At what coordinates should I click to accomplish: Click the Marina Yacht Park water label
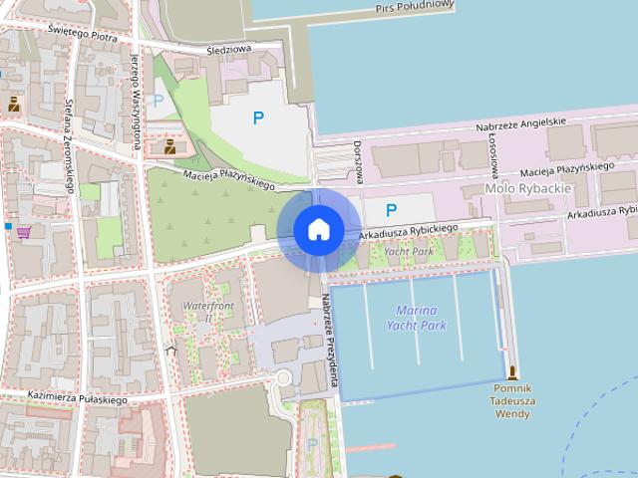pyautogui.click(x=416, y=318)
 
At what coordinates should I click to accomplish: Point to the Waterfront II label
pyautogui.click(x=208, y=311)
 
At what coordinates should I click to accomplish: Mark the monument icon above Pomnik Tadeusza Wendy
pyautogui.click(x=512, y=372)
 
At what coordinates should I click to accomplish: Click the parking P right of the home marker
pyautogui.click(x=391, y=210)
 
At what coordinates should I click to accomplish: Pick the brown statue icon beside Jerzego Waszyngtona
pyautogui.click(x=169, y=147)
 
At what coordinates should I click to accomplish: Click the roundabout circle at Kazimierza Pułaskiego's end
pyautogui.click(x=283, y=378)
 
